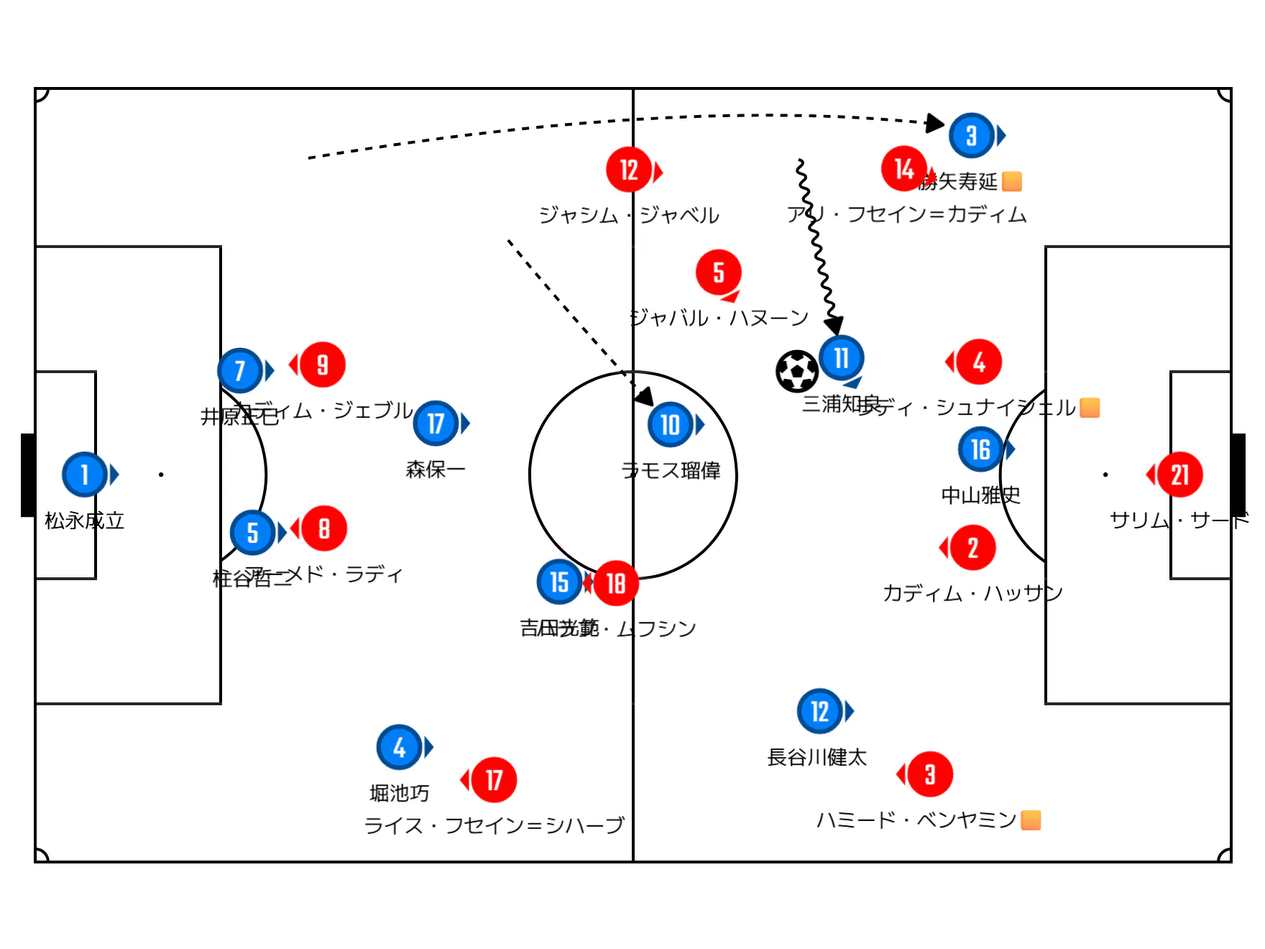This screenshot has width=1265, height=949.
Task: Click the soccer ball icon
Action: (x=797, y=371)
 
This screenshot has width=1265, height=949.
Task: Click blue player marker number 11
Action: (x=841, y=358)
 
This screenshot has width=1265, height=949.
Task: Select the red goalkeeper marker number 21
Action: (x=1179, y=475)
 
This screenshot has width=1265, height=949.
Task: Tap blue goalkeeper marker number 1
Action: (x=85, y=475)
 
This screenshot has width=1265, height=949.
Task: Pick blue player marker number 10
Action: (x=670, y=424)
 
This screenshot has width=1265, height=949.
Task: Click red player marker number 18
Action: (x=616, y=583)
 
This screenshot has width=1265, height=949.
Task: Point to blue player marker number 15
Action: (x=559, y=582)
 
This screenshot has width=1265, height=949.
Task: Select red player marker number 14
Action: (x=903, y=169)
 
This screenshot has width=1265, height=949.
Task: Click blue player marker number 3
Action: (x=971, y=135)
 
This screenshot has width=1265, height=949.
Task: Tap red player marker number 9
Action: (x=323, y=365)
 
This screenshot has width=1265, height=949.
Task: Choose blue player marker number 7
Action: (x=240, y=370)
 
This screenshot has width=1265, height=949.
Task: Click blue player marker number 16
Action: (x=980, y=449)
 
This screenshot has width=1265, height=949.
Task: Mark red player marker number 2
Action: (x=972, y=548)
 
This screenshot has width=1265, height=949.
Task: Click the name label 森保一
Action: (x=436, y=469)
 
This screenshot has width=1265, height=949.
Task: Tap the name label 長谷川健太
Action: (x=816, y=757)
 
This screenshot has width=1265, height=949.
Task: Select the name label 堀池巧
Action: (x=399, y=793)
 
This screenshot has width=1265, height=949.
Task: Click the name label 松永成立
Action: (x=84, y=521)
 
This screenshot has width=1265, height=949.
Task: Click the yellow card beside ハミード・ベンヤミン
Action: (x=1031, y=820)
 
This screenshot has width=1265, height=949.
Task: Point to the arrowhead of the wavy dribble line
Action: (x=834, y=326)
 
